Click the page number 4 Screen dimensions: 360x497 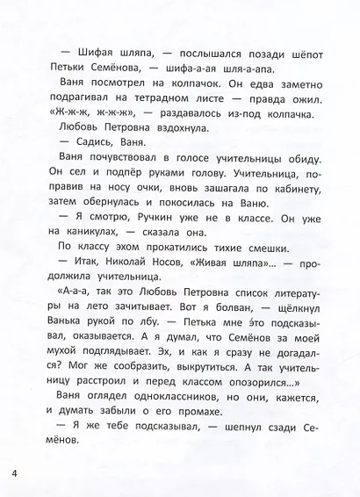click(16, 476)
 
